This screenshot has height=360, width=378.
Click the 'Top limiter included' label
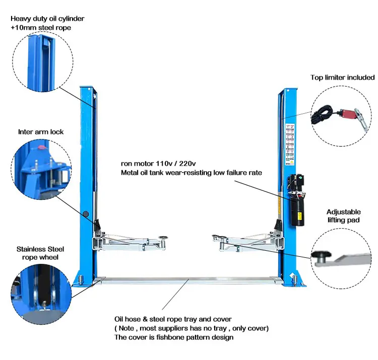click(343, 77)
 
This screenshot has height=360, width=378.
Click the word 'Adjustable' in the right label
click(343, 212)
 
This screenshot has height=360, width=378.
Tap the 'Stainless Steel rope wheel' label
click(40, 253)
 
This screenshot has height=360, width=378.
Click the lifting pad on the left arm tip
click(164, 236)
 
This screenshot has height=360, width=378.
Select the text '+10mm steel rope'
click(41, 28)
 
